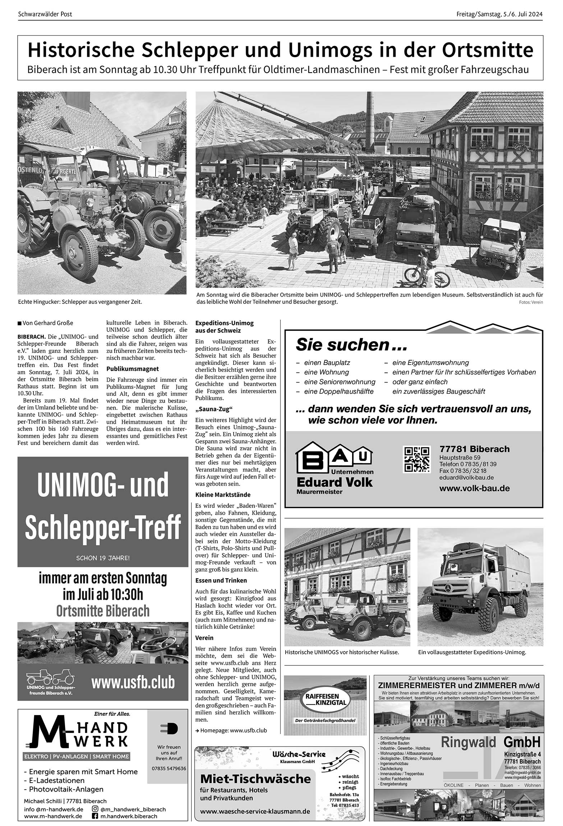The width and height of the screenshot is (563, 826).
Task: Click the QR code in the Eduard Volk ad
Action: pyautogui.click(x=417, y=459)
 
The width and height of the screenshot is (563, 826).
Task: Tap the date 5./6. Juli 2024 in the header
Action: pyautogui.click(x=522, y=14)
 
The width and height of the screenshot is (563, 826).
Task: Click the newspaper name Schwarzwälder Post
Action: pyautogui.click(x=45, y=14)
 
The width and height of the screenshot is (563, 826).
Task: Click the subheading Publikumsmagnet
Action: pyautogui.click(x=133, y=369)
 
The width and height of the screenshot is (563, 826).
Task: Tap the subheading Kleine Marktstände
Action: pyautogui.click(x=223, y=495)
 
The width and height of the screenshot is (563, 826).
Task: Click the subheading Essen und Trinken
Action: pyautogui.click(x=221, y=580)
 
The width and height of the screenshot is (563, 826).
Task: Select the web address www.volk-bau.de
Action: pyautogui.click(x=474, y=488)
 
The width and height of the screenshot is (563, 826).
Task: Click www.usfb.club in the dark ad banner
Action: pyautogui.click(x=133, y=682)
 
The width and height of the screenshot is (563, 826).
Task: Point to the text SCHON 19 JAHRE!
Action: pyautogui.click(x=103, y=558)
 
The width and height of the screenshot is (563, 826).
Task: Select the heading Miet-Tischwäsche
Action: pyautogui.click(x=255, y=779)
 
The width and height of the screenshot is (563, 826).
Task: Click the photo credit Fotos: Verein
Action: pyautogui.click(x=531, y=302)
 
